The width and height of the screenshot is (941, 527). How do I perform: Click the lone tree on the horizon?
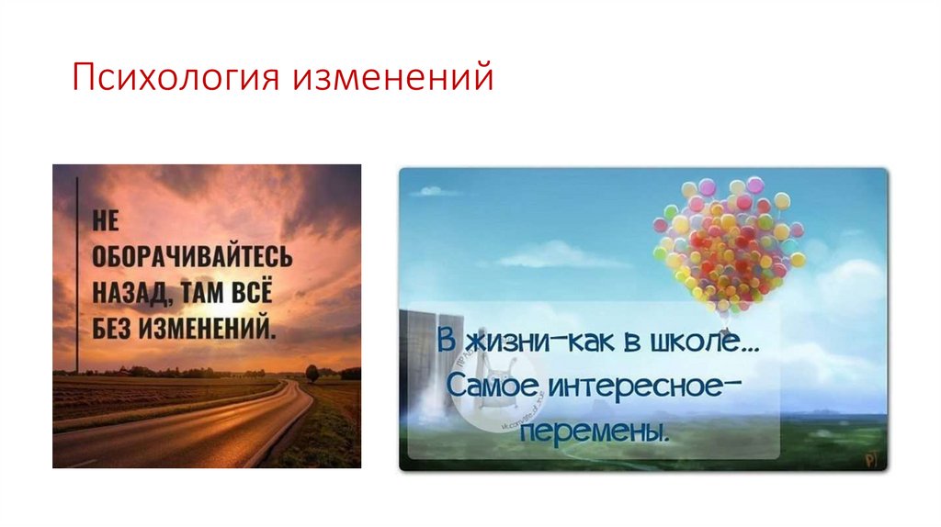312,373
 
